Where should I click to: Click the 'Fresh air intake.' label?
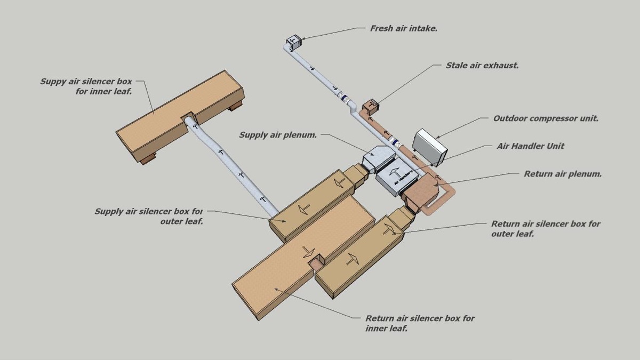coord(404,28)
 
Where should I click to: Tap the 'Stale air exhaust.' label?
coord(482,66)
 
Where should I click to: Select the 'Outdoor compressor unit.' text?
coord(546,118)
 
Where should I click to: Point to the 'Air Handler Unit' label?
coord(530,146)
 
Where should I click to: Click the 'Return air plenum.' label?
coord(563,174)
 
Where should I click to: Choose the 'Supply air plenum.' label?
coord(278,135)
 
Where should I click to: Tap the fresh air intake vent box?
coord(294,42)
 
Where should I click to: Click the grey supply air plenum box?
coord(377,158)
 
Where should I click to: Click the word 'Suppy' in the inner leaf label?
coord(53,82)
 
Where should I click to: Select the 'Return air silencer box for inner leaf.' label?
coord(420,323)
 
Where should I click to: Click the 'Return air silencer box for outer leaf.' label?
coord(545,229)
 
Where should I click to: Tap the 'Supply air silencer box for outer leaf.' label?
coord(149,216)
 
